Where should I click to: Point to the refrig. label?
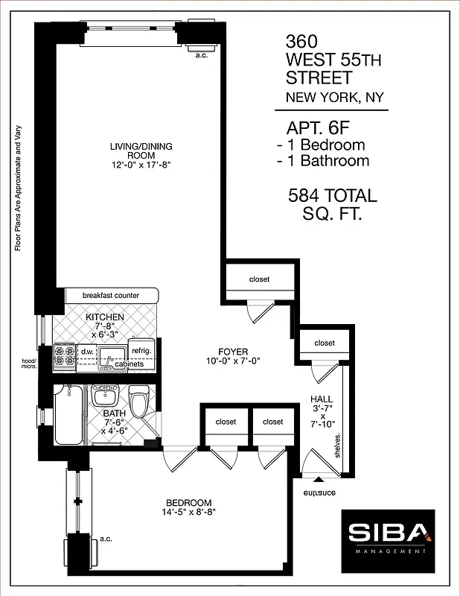click(x=141, y=350)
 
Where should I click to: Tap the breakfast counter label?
click(x=111, y=295)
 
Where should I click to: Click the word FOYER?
click(x=233, y=352)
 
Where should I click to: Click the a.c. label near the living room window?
click(x=200, y=54)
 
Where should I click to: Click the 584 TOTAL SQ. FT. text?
click(x=333, y=205)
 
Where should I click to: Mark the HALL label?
click(x=322, y=399)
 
